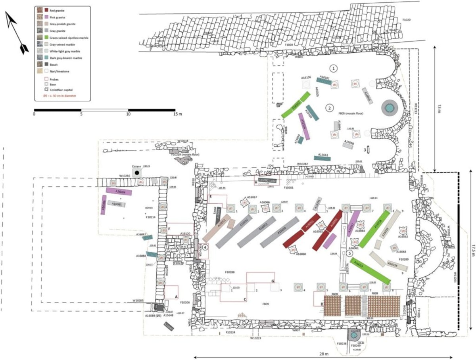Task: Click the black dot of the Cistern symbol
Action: pyautogui.click(x=137, y=172)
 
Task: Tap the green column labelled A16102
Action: pyautogui.click(x=296, y=105)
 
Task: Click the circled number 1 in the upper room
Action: pyautogui.click(x=334, y=68)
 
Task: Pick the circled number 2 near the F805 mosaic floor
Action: pyautogui.click(x=328, y=107)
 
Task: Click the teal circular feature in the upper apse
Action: pyautogui.click(x=389, y=107)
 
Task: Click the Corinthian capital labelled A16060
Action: pyautogui.click(x=293, y=249)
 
